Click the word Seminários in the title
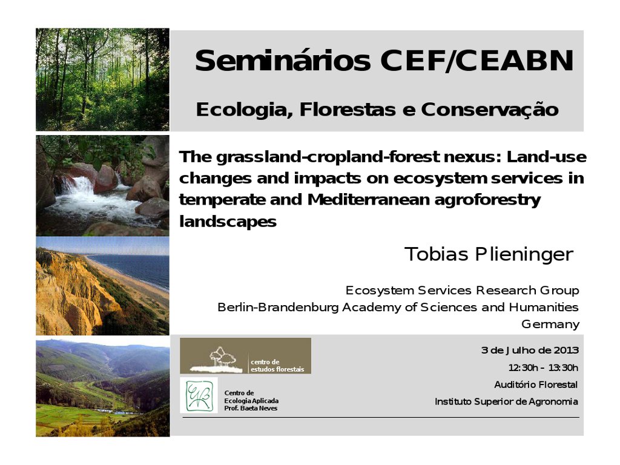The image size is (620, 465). click(x=283, y=61)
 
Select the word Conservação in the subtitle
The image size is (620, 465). click(x=490, y=110)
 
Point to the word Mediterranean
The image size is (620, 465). click(x=369, y=200)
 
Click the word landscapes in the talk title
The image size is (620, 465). click(x=228, y=222)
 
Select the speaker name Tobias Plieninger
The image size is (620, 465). click(x=489, y=254)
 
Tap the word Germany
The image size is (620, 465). click(x=550, y=325)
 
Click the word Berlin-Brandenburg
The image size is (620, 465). click(x=278, y=307)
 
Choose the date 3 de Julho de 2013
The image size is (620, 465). click(x=530, y=351)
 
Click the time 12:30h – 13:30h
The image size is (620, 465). click(x=543, y=368)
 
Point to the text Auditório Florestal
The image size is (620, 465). click(x=536, y=384)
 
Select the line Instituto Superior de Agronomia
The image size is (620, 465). click(x=506, y=402)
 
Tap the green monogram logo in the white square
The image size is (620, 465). click(x=199, y=395)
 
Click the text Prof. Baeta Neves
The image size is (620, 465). click(x=251, y=408)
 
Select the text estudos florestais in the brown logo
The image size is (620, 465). click(x=277, y=369)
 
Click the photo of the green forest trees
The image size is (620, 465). click(x=102, y=79)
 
